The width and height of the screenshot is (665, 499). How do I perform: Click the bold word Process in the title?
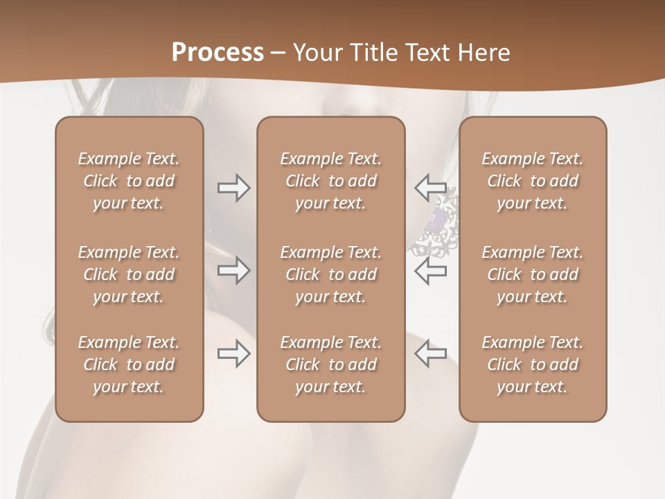pos(218,53)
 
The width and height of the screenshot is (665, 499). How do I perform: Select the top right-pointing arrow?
pos(233,187)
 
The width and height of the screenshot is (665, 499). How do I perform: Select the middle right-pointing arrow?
pos(233,270)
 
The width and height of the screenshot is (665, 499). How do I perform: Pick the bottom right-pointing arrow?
pos(233,353)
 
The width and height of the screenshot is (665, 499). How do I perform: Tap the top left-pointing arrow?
pos(431,187)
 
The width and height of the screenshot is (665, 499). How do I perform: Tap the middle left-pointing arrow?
pos(431,270)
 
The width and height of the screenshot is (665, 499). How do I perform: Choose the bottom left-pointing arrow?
pos(431,353)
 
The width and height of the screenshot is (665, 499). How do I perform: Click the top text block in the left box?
pos(129,181)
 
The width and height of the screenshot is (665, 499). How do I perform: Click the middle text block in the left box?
pos(129,274)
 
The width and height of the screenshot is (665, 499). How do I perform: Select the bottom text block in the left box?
pos(129,365)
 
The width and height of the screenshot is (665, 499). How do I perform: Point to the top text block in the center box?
pos(330,181)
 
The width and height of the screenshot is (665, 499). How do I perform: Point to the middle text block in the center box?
pos(330,274)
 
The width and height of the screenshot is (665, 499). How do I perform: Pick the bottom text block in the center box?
pos(330,365)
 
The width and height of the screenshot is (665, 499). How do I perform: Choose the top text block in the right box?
pos(532,181)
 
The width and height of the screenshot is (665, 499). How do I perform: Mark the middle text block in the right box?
pos(532,274)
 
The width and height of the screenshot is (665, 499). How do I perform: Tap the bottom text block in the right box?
pos(532,365)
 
